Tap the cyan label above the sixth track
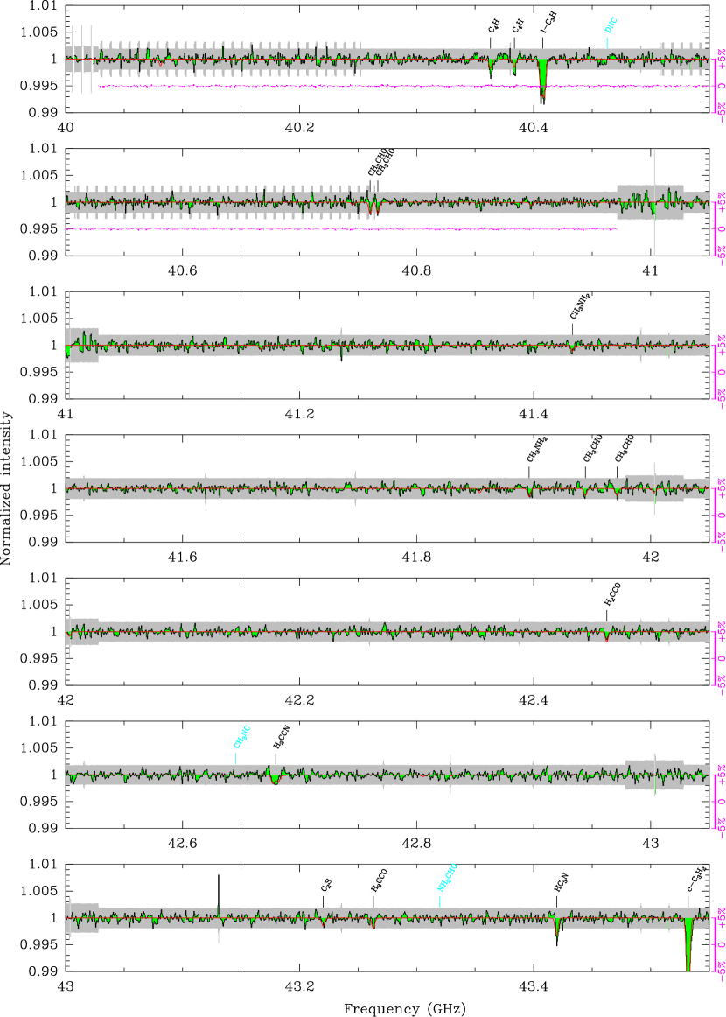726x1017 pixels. coord(241,736)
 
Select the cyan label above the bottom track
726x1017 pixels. coord(447,877)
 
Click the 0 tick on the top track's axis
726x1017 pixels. coord(721,86)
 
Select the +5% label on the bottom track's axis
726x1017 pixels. coord(721,918)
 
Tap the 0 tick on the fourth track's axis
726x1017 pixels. coord(721,515)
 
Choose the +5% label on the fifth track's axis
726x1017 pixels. coord(721,632)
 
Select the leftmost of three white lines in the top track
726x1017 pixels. coord(73,58)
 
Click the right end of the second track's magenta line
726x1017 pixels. coord(616,228)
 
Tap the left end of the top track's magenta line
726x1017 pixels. coord(98,86)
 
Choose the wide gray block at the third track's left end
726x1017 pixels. coord(82,345)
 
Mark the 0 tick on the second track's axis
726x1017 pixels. coord(721,228)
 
